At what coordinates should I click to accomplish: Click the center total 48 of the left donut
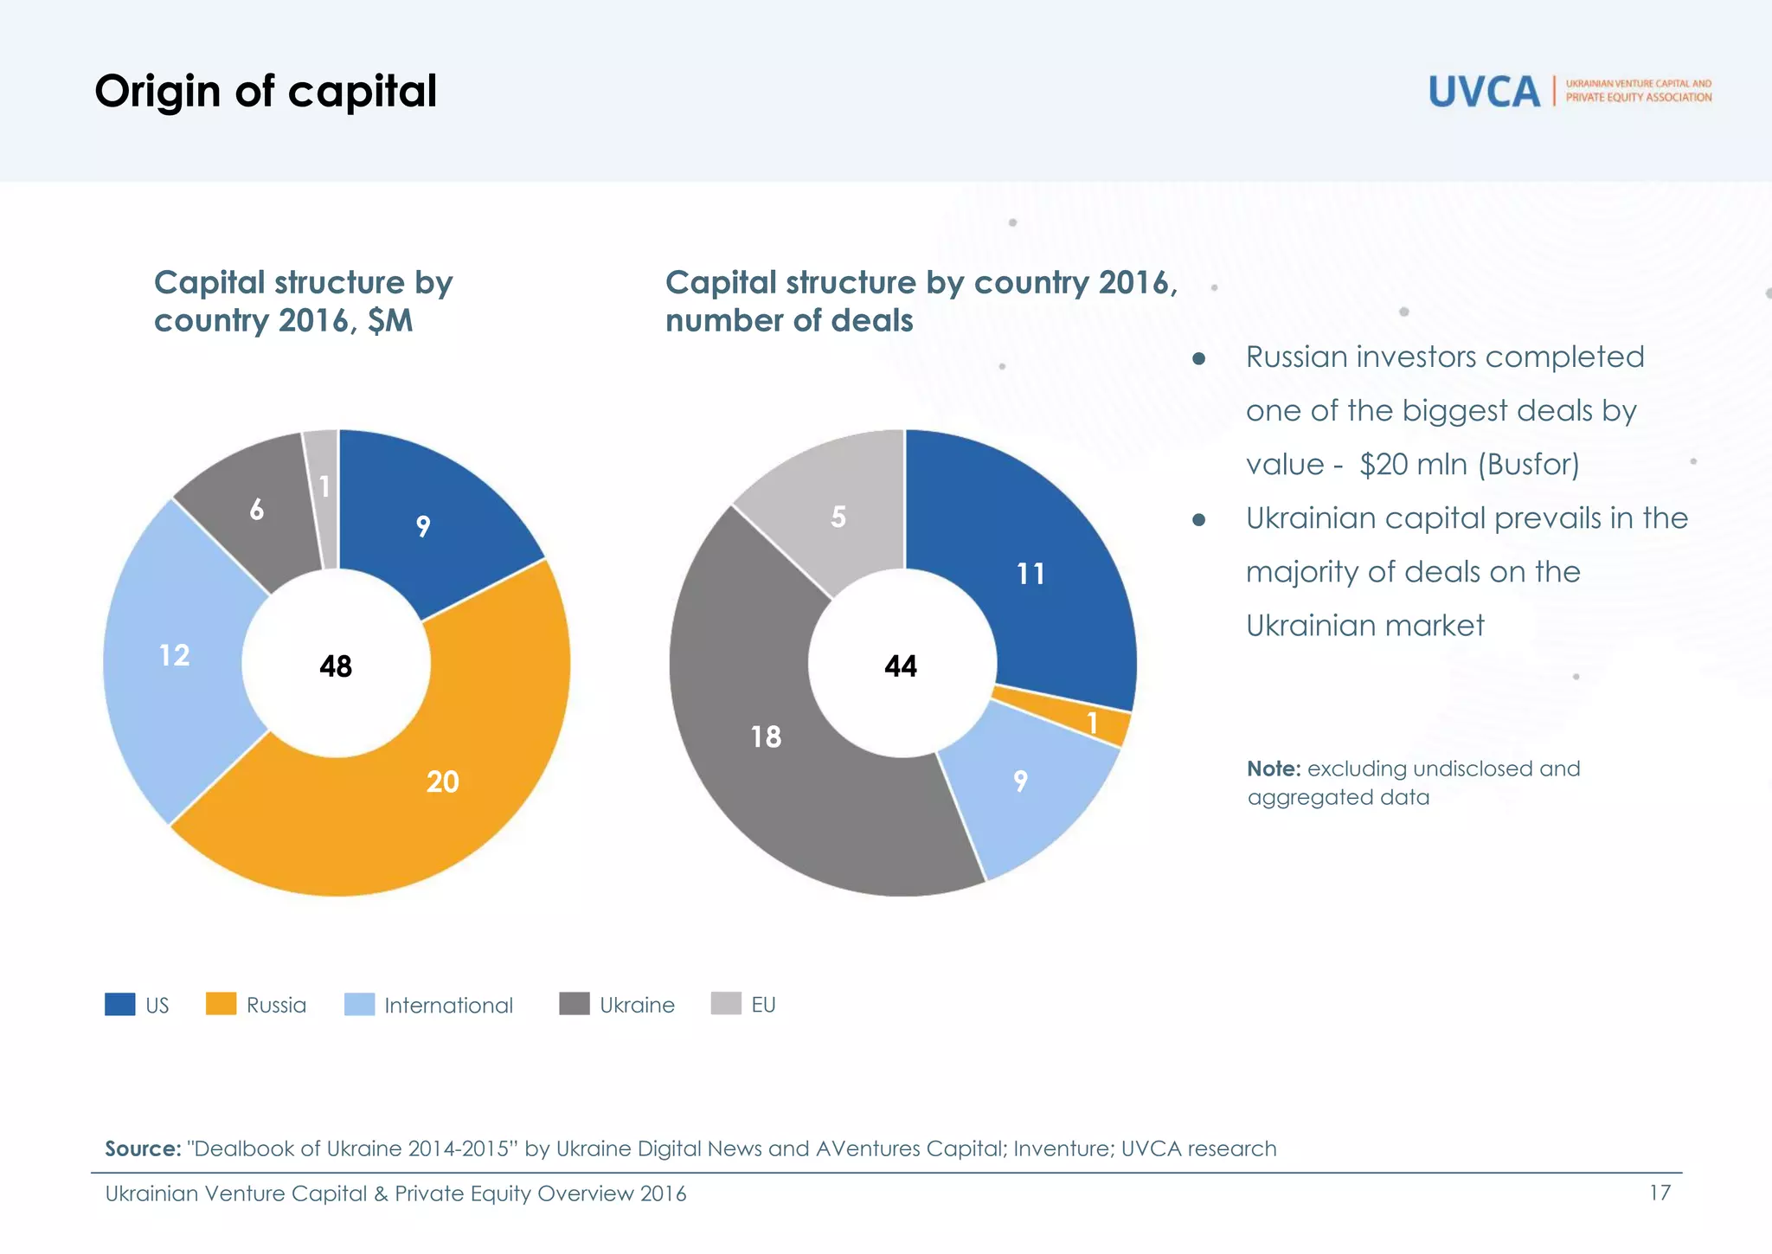[x=336, y=666]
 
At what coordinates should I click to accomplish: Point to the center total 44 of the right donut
[x=901, y=666]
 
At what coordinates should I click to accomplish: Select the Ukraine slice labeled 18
[x=767, y=736]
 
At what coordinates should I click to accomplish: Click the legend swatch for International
[x=359, y=1004]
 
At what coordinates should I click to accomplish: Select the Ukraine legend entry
[x=636, y=1005]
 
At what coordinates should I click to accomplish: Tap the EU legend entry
[x=762, y=1005]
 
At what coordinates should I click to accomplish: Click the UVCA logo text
[x=1484, y=92]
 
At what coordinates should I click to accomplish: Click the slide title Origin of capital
[x=266, y=91]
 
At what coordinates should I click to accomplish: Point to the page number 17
[x=1659, y=1193]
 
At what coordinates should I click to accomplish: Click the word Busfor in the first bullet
[x=1528, y=465]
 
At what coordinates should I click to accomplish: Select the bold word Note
[x=1273, y=768]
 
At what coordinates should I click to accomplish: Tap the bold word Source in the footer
[x=142, y=1148]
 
